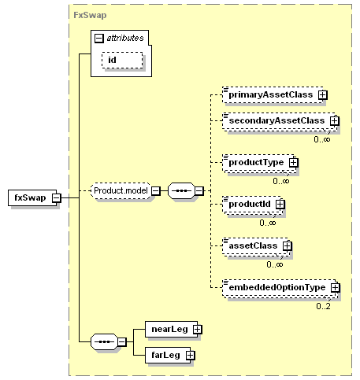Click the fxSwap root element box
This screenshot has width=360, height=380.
tap(32, 197)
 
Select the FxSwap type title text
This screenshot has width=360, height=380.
tap(90, 15)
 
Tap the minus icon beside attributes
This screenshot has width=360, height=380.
tap(99, 39)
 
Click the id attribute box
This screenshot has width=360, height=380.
tap(122, 60)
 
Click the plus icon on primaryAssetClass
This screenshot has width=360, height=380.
tap(323, 95)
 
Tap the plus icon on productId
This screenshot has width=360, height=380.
tap(280, 204)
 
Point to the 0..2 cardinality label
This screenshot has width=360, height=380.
tap(323, 306)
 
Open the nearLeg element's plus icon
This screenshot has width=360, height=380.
tap(197, 329)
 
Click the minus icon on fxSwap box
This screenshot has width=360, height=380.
tap(56, 197)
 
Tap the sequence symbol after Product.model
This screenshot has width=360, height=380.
tap(182, 190)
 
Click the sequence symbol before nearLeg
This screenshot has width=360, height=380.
tap(104, 341)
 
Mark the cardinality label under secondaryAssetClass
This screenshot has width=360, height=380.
tap(322, 139)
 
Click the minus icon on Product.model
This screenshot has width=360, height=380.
tap(156, 190)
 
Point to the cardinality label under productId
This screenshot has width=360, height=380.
tap(268, 223)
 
